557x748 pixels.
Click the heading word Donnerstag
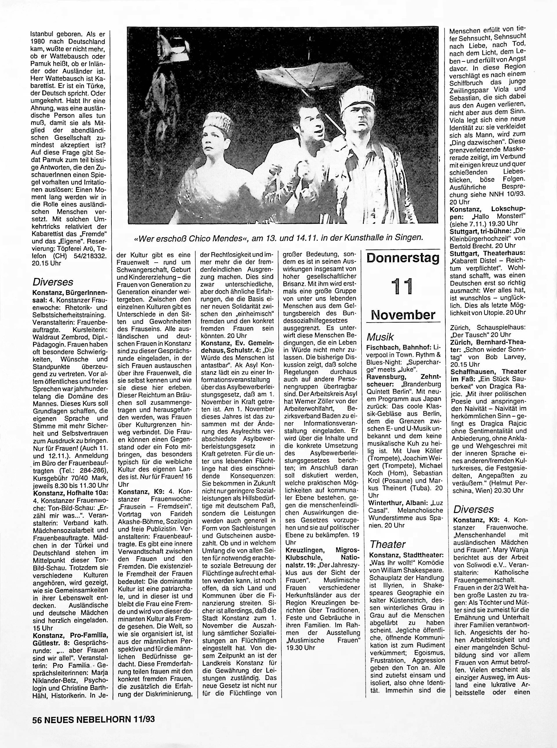(x=403, y=258)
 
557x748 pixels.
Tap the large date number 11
(x=403, y=287)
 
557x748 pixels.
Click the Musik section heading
(x=380, y=337)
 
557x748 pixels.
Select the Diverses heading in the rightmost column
(x=474, y=509)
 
